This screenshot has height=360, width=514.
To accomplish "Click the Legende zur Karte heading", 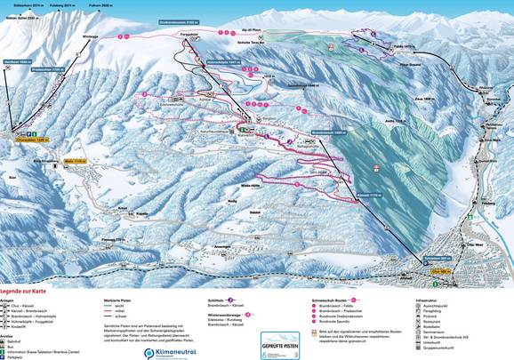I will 26,291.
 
